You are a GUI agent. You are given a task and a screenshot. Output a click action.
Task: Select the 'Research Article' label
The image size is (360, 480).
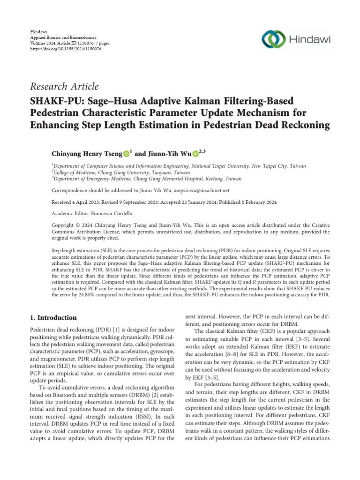(64, 86)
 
